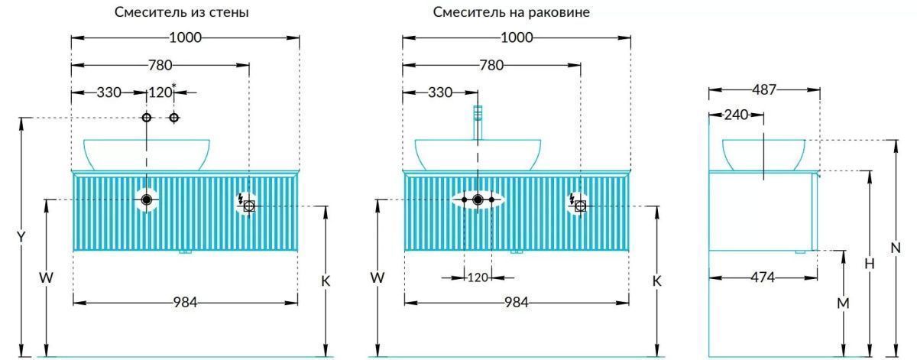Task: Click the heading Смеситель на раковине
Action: [x=511, y=12]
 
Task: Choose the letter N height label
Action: [x=895, y=248]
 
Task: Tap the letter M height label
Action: [x=843, y=303]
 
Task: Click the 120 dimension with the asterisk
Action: [x=160, y=92]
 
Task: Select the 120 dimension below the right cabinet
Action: [x=478, y=277]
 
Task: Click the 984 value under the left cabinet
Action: [x=185, y=303]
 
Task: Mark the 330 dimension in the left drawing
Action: [x=109, y=92]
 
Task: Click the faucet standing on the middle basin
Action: [x=478, y=122]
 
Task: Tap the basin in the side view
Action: [x=763, y=154]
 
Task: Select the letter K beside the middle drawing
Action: [x=656, y=281]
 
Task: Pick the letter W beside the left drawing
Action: [x=47, y=278]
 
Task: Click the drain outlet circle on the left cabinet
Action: [x=147, y=199]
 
